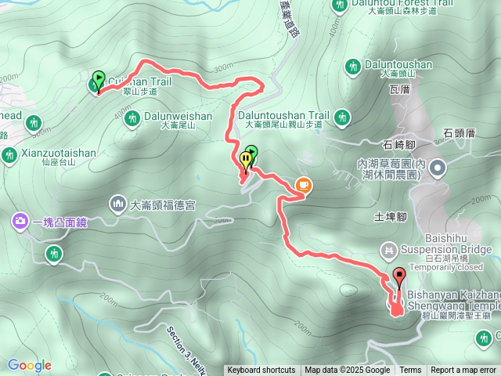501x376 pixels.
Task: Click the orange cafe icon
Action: coord(303,185)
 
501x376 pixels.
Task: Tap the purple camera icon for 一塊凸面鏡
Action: coord(18,222)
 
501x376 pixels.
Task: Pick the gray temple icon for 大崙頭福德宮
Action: coord(118,204)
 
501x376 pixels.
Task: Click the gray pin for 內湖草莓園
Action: coord(437,167)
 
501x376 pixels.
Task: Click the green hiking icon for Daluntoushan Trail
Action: coord(341,117)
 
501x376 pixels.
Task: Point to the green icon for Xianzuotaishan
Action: coord(9,154)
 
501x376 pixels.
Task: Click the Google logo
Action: coord(29,365)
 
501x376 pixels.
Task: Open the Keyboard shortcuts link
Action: coord(261,371)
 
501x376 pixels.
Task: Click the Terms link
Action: coord(410,371)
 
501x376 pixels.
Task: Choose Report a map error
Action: coord(464,371)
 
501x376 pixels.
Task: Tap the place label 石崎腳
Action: coord(400,145)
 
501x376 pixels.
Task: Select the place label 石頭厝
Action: coord(460,133)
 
